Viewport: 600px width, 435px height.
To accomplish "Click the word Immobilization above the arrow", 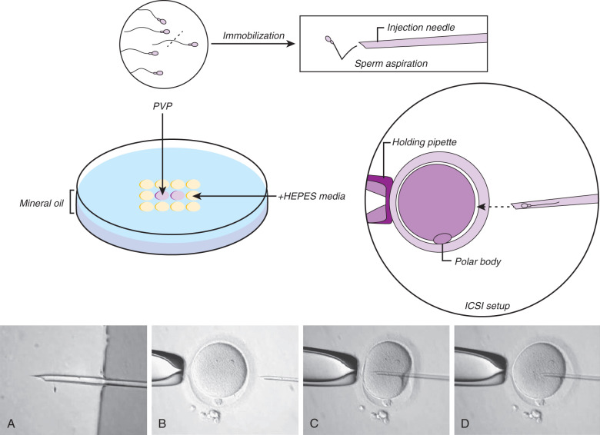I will point(250,35).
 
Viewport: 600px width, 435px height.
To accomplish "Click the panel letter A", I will point(11,423).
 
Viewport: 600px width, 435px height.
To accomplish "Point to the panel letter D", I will point(462,423).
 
